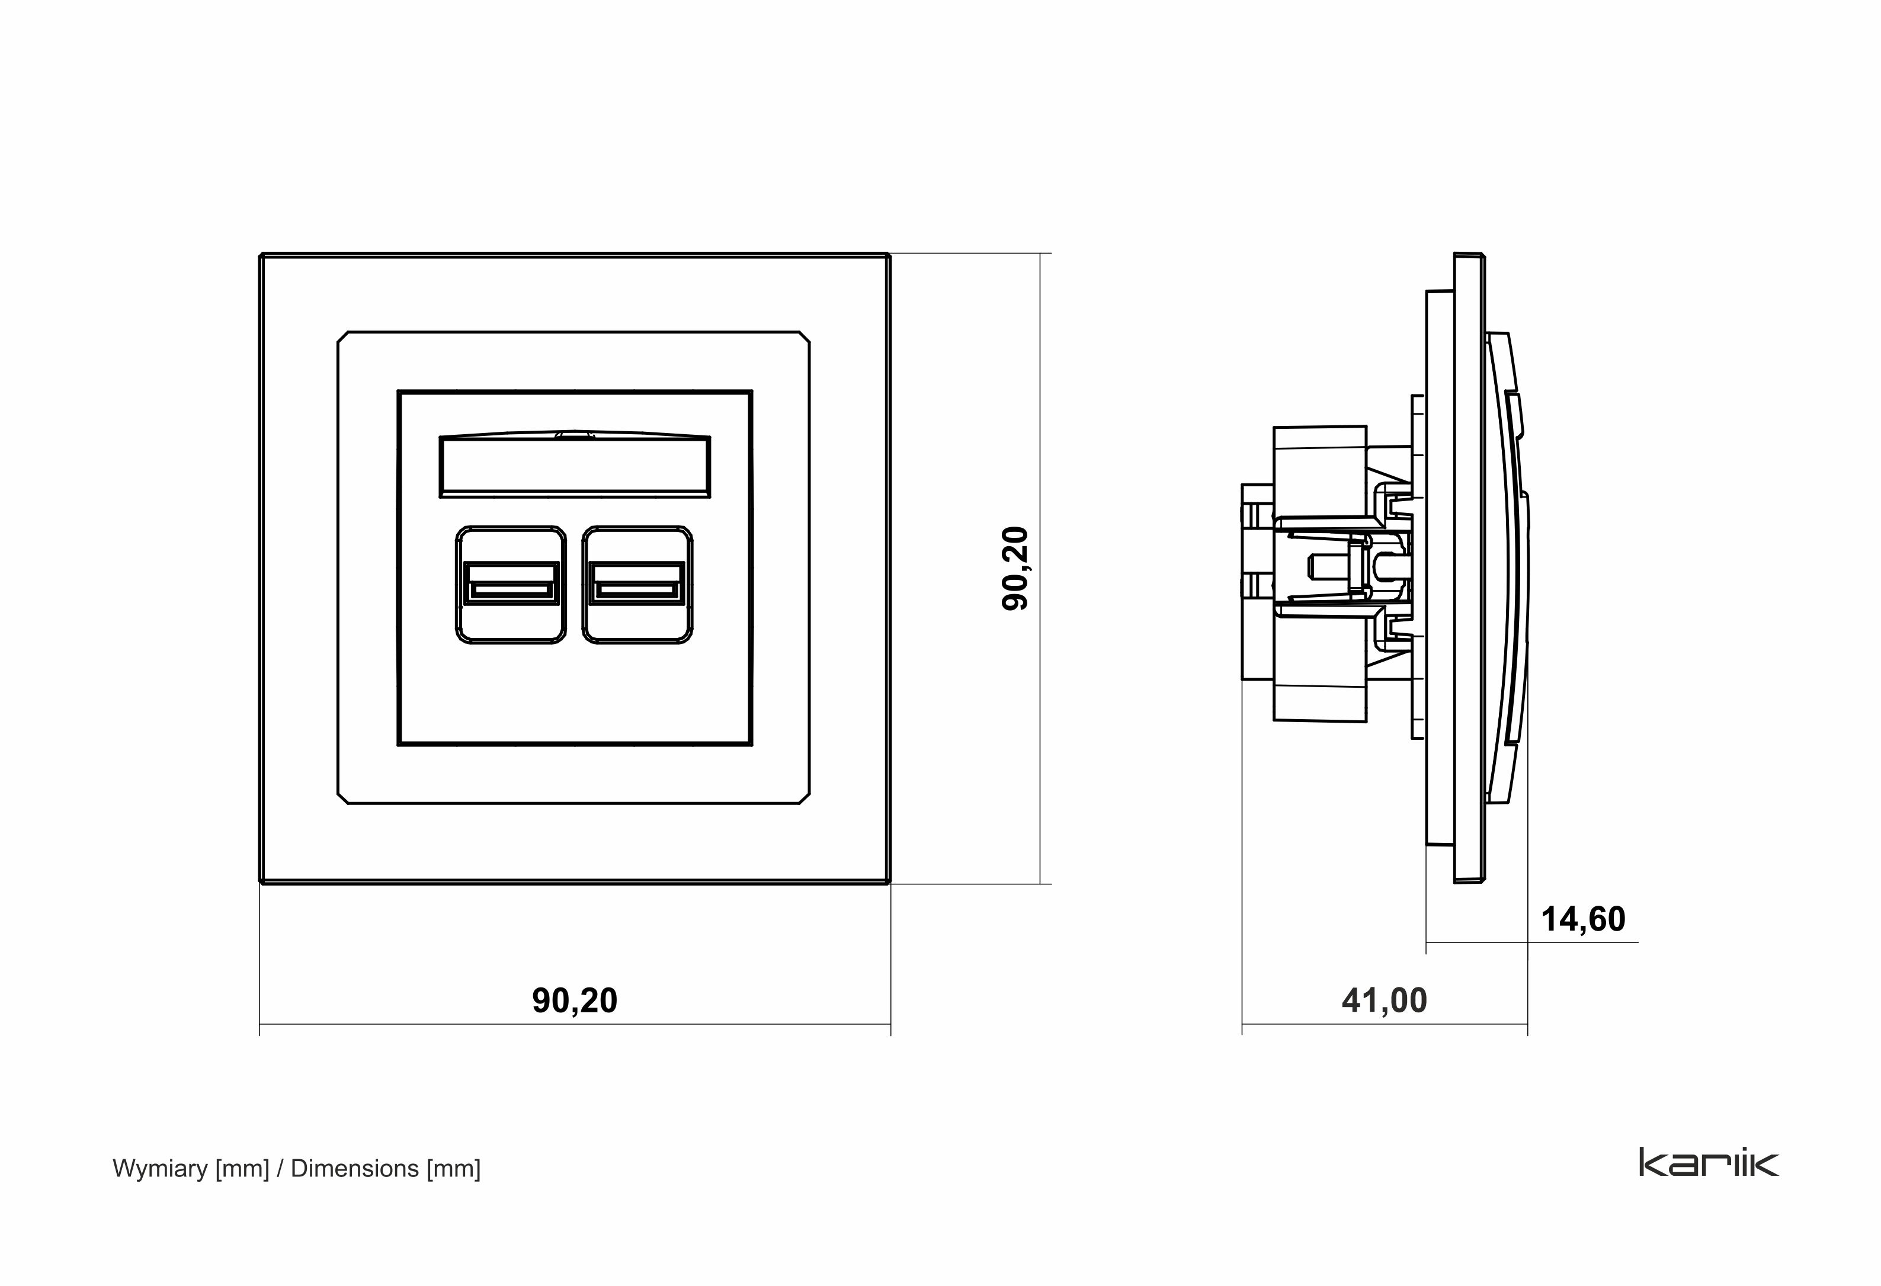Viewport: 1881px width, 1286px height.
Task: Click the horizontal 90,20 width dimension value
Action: tap(575, 1001)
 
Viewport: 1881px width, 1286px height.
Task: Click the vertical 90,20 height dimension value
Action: tap(1015, 568)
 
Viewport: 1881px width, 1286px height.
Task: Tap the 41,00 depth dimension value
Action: tap(1384, 1001)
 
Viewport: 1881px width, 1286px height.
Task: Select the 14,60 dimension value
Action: tap(1582, 919)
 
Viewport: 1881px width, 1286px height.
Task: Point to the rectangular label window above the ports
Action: tap(575, 467)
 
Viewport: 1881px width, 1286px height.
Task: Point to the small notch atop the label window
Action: tap(575, 434)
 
